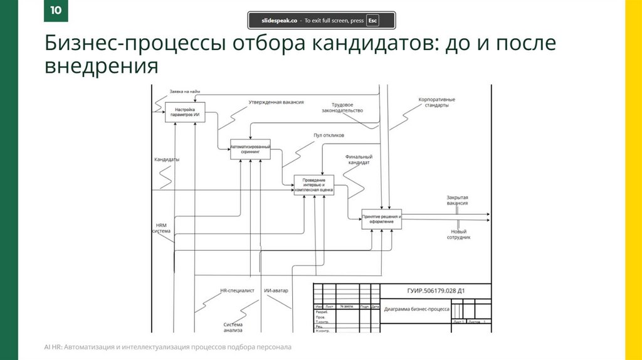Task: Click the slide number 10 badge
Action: (x=56, y=11)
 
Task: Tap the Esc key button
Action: (x=372, y=21)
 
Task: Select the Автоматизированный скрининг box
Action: (x=250, y=149)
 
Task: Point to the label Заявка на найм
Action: (x=185, y=92)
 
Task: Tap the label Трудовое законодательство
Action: (x=342, y=107)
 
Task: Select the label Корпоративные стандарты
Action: (x=436, y=102)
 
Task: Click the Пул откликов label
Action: (x=329, y=135)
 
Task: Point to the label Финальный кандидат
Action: (x=359, y=159)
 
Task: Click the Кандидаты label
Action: (x=167, y=159)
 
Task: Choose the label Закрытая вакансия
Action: (x=458, y=201)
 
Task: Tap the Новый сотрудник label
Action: (x=458, y=234)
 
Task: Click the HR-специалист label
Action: (x=237, y=291)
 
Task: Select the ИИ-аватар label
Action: (x=276, y=291)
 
